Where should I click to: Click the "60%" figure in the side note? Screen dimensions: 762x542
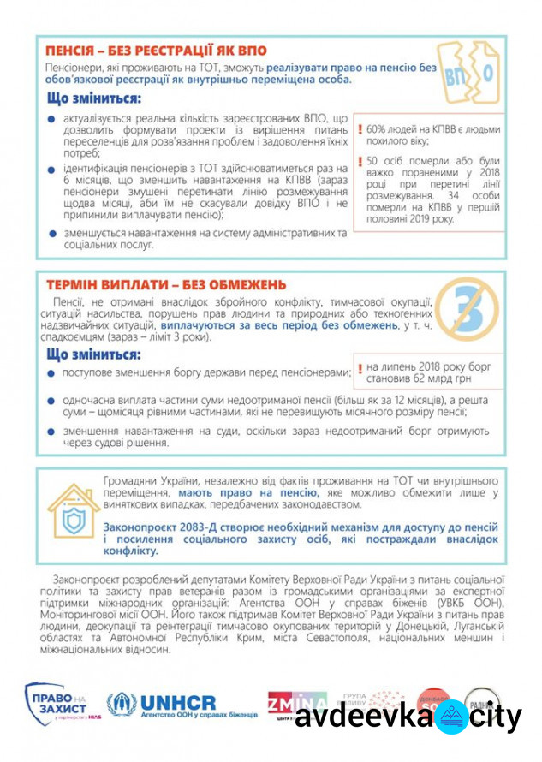(378, 128)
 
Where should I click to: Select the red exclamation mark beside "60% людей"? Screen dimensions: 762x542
(360, 128)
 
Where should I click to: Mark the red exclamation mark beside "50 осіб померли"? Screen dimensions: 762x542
(360, 161)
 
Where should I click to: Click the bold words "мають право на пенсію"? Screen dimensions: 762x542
(248, 494)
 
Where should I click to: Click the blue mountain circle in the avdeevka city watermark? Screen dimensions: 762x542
(450, 717)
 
